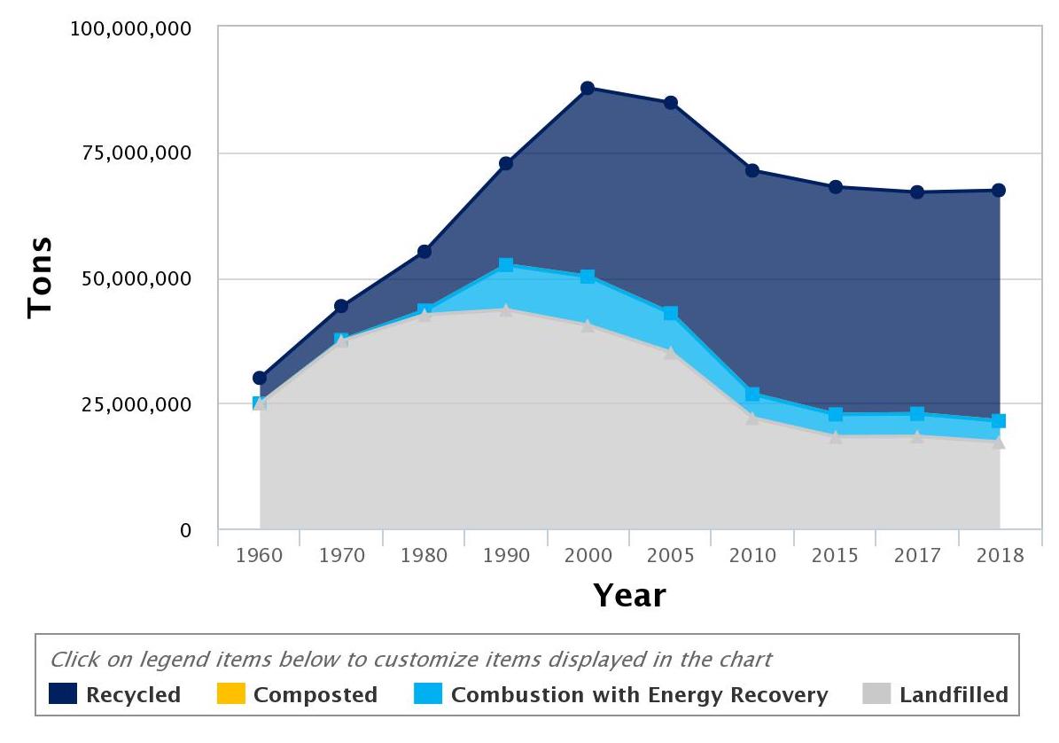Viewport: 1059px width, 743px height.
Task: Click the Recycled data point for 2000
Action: click(x=588, y=88)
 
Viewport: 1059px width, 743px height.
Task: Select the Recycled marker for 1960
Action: click(x=260, y=378)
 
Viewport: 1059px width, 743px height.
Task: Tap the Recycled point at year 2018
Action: click(x=999, y=190)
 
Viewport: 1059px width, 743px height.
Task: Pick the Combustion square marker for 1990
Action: click(x=506, y=265)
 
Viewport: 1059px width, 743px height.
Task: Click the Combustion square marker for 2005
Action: click(x=671, y=313)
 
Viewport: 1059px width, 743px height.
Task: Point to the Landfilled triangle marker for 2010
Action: click(x=752, y=418)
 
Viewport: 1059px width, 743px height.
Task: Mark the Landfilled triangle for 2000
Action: click(x=588, y=325)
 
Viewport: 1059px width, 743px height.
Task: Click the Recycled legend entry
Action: click(x=114, y=694)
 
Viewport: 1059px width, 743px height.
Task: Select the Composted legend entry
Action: click(x=297, y=694)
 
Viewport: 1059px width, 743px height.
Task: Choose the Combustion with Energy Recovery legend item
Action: click(x=620, y=694)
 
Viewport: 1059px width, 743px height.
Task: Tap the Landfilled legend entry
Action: click(x=935, y=694)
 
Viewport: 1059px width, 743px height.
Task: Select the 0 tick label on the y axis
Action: click(x=185, y=530)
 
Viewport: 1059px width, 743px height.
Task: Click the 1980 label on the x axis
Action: click(x=424, y=556)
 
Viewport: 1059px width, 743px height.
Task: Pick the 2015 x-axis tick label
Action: click(x=835, y=556)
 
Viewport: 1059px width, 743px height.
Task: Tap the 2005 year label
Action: click(x=671, y=556)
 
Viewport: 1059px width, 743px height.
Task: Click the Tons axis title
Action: click(x=40, y=278)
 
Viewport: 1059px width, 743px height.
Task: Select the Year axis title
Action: click(x=629, y=595)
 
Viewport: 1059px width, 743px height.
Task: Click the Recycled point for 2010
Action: click(x=752, y=170)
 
